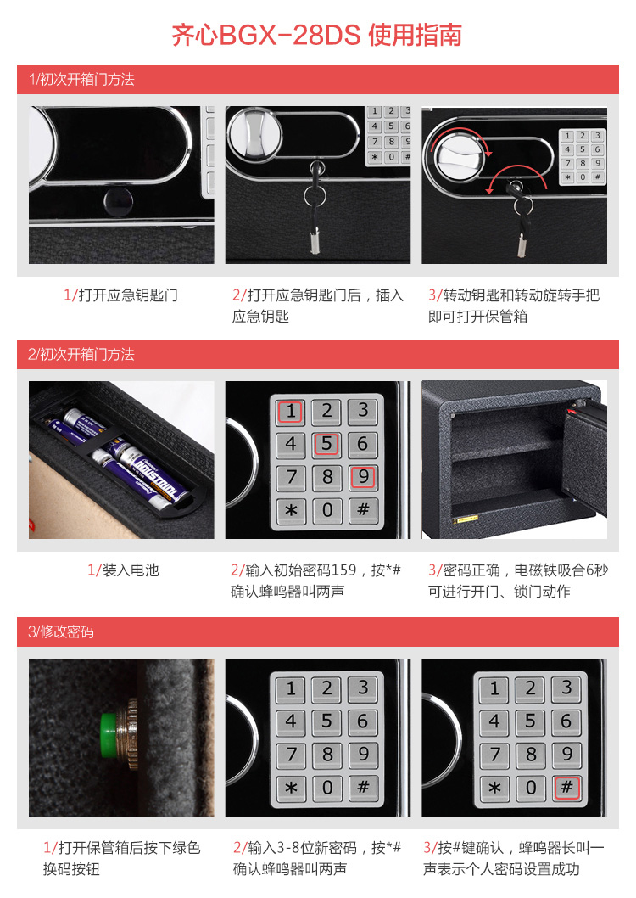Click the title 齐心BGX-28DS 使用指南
(x=317, y=36)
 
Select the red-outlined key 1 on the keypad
(x=291, y=411)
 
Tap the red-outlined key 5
(x=326, y=444)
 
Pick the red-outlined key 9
(x=363, y=476)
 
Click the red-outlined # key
(x=566, y=788)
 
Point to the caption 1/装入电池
(x=123, y=570)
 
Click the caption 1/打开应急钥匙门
(x=120, y=295)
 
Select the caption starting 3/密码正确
(x=517, y=581)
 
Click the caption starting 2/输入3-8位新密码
(x=317, y=858)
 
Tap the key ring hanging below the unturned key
(x=315, y=196)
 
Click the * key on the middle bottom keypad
(x=291, y=788)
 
